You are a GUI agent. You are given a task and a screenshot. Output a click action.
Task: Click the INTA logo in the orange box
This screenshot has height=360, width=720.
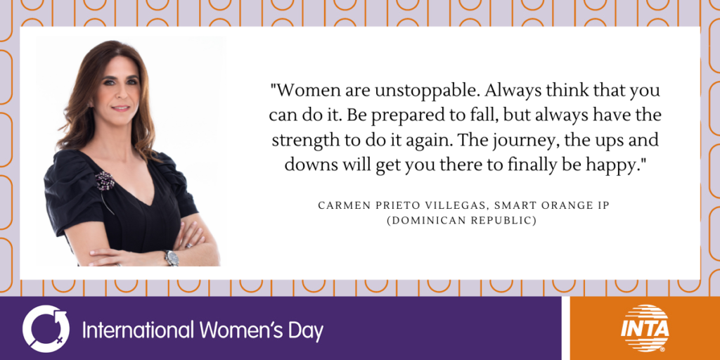pyautogui.click(x=645, y=328)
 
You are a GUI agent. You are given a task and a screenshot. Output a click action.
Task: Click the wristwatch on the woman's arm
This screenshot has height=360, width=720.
pyautogui.click(x=172, y=257)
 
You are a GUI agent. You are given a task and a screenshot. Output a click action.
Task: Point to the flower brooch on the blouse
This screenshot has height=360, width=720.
pyautogui.click(x=105, y=181)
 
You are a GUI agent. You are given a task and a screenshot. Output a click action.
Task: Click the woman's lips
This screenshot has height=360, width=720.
pyautogui.click(x=120, y=108)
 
